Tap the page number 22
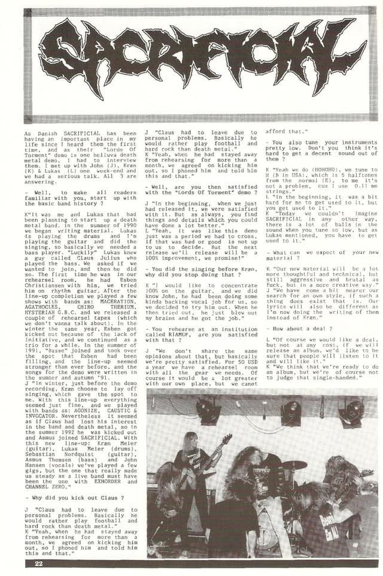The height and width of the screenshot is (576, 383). [x=39, y=563]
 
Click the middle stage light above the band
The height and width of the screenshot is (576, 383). [x=291, y=411]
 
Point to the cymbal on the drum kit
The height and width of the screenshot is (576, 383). [x=294, y=465]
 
